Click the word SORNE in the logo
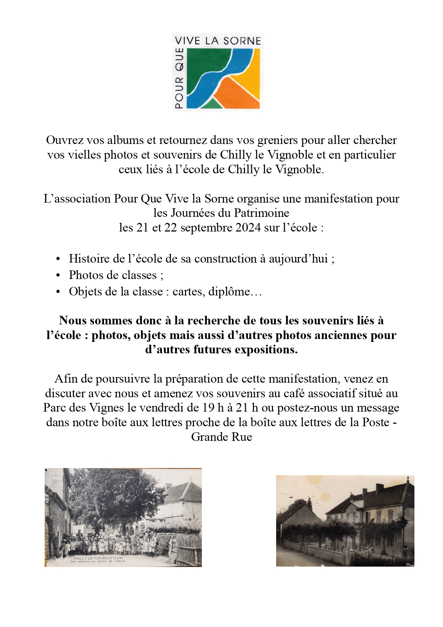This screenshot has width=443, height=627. point(242,41)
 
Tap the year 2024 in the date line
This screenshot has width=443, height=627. point(248,228)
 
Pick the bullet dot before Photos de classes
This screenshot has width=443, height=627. point(58,275)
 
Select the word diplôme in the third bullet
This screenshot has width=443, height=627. point(229,292)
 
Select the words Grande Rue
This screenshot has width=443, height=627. point(221,437)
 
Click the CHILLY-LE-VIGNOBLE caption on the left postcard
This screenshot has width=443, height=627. point(93,558)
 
